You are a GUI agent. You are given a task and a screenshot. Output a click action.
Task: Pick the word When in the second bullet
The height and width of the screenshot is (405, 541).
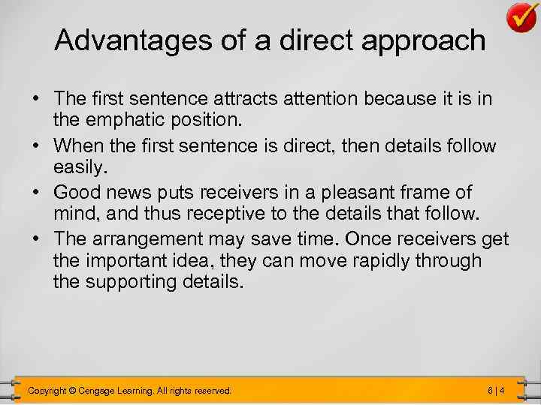80,145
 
